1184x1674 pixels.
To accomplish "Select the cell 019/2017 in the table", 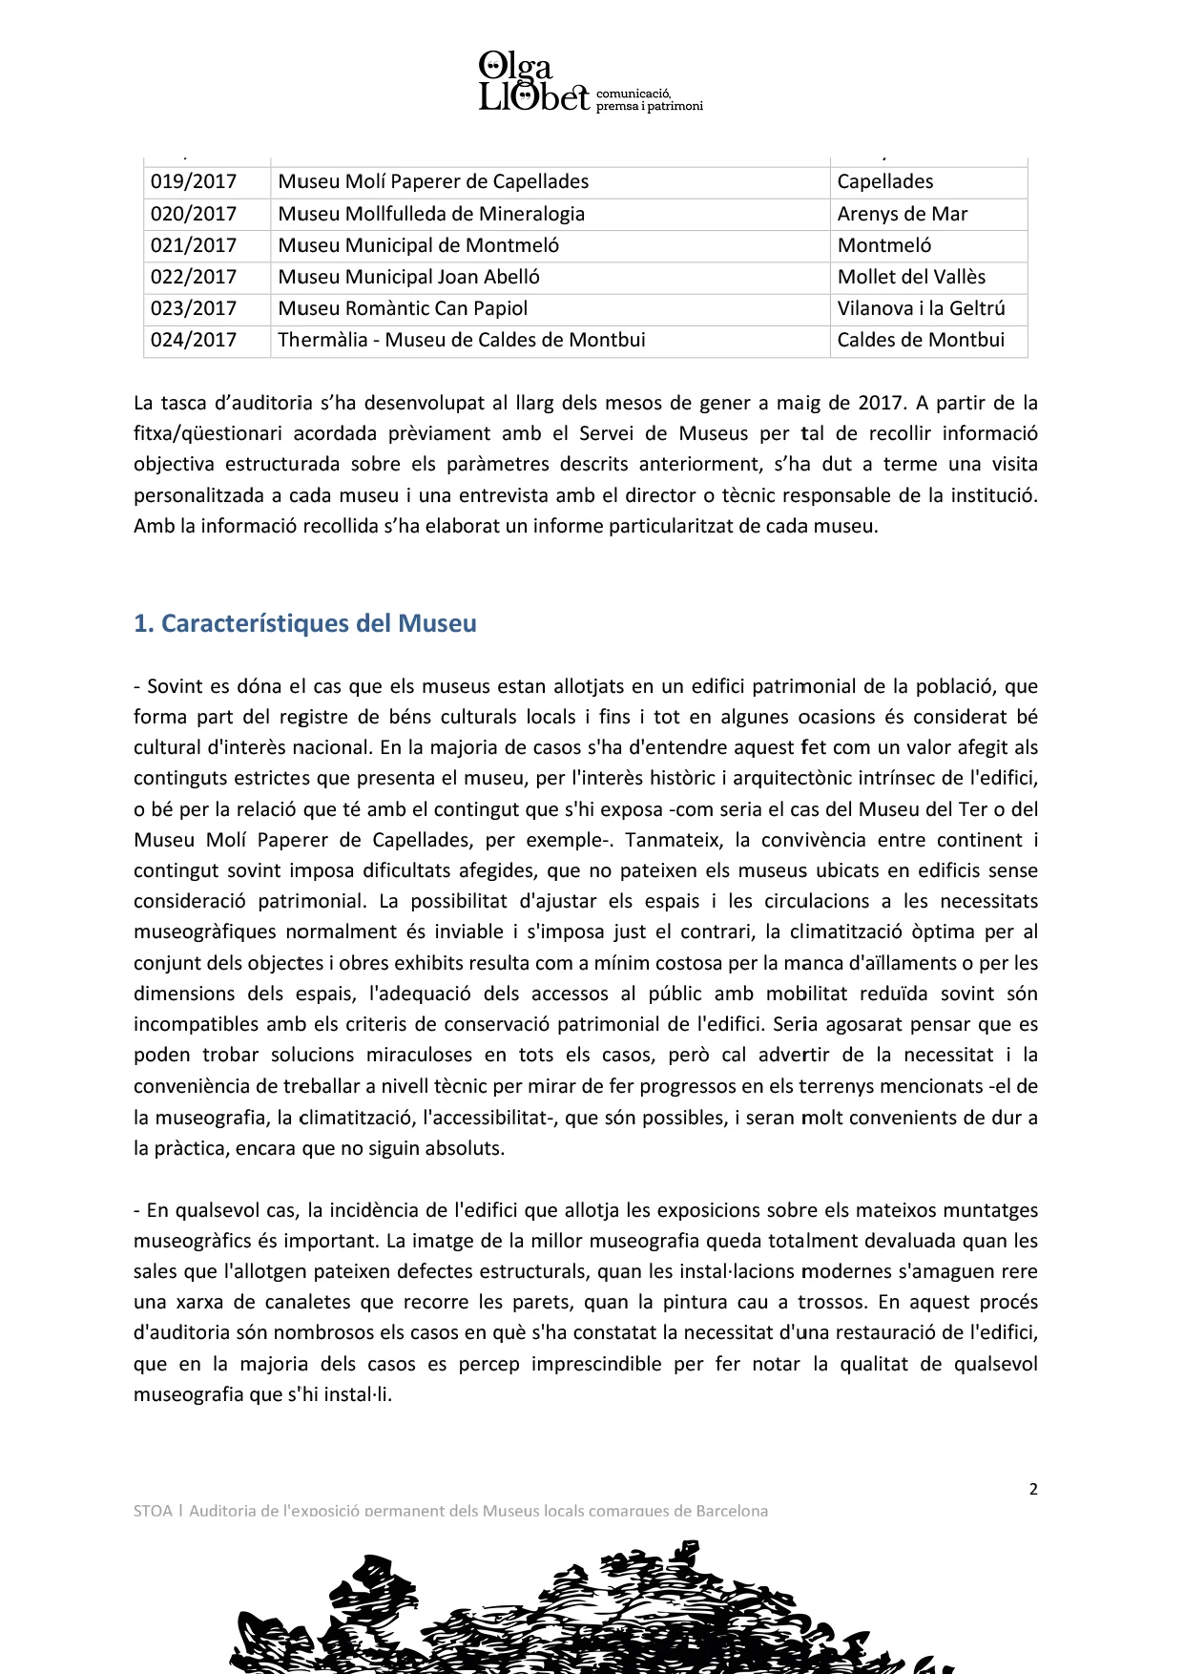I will point(194,181).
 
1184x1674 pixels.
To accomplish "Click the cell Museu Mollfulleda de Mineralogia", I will point(431,214).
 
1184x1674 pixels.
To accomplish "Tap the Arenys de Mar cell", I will point(903,214).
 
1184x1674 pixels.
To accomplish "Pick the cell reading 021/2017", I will point(194,245).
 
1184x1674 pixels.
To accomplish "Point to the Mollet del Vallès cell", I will point(911,277).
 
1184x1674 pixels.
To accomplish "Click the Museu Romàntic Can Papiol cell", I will point(403,308).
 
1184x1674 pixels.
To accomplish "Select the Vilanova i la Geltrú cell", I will point(921,308).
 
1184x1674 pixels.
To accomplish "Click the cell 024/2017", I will point(194,340).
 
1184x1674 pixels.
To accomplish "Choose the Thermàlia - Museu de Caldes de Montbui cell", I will point(462,340).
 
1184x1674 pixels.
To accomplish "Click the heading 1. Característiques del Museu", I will point(305,623).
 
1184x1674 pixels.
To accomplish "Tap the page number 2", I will point(1033,1489).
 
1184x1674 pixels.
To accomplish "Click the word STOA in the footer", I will point(153,1511).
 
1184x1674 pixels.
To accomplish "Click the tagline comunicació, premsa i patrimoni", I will point(649,100).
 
